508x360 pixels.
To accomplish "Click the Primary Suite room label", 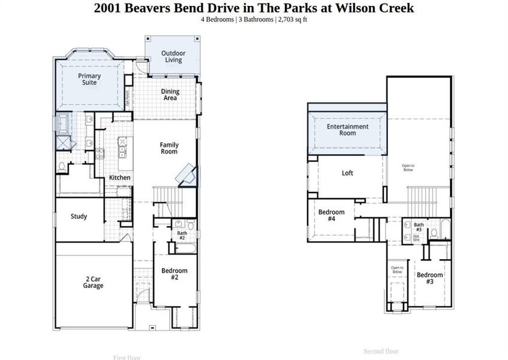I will point(89,79).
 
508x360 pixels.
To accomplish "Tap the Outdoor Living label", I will point(173,56).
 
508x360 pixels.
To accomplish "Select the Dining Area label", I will point(170,95).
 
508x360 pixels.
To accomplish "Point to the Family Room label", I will point(169,148).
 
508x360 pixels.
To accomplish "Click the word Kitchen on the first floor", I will point(119,178).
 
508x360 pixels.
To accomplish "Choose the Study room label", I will point(79,217).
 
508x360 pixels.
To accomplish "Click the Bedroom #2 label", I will point(174,274).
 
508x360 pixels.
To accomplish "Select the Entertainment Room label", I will point(347,130).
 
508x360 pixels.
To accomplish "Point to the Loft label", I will point(347,173).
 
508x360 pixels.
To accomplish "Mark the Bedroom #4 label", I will point(331,215).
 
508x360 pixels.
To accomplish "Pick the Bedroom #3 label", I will point(429,278).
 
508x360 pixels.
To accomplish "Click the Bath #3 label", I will point(418,227).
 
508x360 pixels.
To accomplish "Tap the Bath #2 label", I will point(181,235).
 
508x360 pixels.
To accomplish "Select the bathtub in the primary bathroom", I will point(63,124).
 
